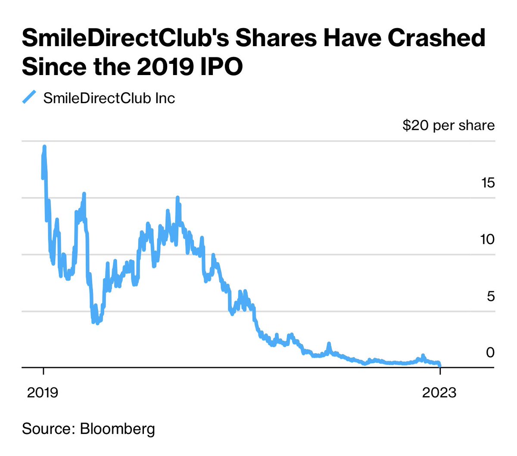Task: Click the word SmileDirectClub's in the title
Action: (125, 38)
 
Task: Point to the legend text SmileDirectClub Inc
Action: (109, 98)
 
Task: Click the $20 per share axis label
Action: (448, 125)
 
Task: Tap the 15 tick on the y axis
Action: (488, 182)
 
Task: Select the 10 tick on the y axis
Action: (487, 239)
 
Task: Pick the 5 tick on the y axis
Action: (490, 296)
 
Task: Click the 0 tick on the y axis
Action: (490, 352)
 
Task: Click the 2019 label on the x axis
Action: (43, 392)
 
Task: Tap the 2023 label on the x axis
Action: (439, 392)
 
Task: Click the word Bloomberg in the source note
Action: (117, 429)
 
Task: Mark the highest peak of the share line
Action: (44, 147)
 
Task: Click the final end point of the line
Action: (440, 366)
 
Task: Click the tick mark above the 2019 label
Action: (44, 372)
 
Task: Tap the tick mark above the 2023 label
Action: (440, 372)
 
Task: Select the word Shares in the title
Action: (276, 38)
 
